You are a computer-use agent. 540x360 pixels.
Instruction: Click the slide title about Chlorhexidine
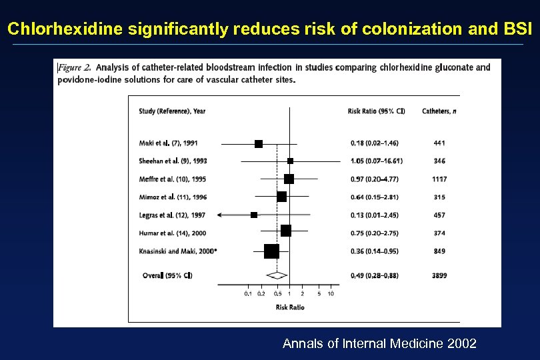[x=270, y=29]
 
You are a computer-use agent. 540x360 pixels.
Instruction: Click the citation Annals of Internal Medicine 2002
[x=379, y=343]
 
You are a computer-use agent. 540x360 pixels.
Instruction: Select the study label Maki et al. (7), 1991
[x=168, y=143]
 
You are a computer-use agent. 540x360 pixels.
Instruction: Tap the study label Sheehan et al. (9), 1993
[x=173, y=161]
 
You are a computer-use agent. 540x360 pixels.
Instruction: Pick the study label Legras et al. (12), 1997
[x=172, y=215]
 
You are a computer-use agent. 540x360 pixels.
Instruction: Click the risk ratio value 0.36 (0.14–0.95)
[x=375, y=251]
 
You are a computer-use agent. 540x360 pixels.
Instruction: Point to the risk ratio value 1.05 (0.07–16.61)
[x=377, y=161]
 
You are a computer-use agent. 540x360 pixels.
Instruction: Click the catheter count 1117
[x=439, y=179]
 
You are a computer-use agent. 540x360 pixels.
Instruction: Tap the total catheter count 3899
[x=439, y=275]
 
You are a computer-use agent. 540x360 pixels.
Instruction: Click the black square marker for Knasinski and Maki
[x=271, y=251]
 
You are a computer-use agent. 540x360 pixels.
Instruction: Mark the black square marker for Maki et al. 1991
[x=259, y=143]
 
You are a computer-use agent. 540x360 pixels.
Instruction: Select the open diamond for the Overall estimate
[x=277, y=275]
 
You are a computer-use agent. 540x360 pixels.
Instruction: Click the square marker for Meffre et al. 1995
[x=289, y=179]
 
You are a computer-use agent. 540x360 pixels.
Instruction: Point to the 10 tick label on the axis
[x=331, y=293]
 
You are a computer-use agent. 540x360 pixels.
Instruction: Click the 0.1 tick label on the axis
[x=247, y=293]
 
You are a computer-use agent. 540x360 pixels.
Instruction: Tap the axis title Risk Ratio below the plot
[x=290, y=307]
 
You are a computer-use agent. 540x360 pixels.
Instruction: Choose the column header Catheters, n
[x=439, y=111]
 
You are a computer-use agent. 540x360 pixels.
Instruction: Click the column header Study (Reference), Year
[x=172, y=111]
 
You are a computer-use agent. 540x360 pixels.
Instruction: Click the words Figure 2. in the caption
[x=75, y=67]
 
